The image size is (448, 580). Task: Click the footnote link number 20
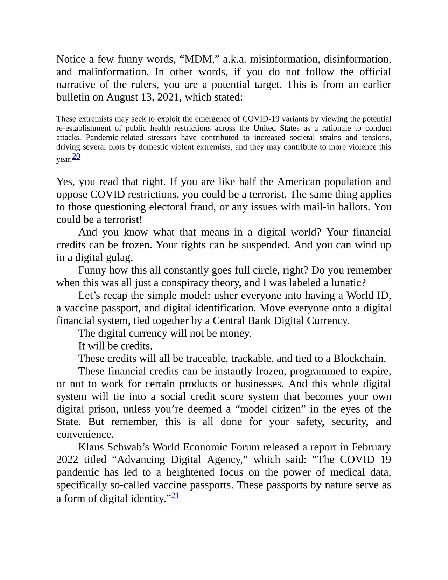[76, 157]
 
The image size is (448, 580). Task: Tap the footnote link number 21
[175, 496]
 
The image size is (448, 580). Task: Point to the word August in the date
[122, 97]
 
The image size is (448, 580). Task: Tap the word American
[299, 182]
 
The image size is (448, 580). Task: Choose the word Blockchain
[359, 359]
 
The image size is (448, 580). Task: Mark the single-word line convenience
[85, 435]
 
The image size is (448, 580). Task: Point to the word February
[371, 447]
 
